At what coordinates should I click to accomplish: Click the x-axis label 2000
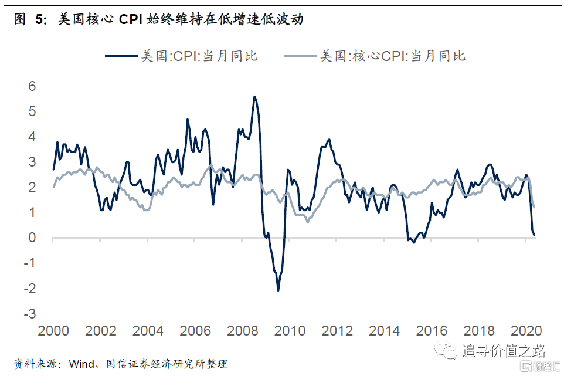[53, 331]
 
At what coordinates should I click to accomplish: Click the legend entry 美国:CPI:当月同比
[199, 56]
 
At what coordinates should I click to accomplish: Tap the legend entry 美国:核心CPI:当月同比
[392, 56]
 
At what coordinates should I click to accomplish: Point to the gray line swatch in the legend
[301, 56]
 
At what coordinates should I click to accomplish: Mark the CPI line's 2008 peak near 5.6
[254, 96]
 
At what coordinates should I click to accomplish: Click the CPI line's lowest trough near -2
[278, 290]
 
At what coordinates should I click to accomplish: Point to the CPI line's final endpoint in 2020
[534, 235]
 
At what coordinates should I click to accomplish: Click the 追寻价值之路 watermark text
[503, 351]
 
